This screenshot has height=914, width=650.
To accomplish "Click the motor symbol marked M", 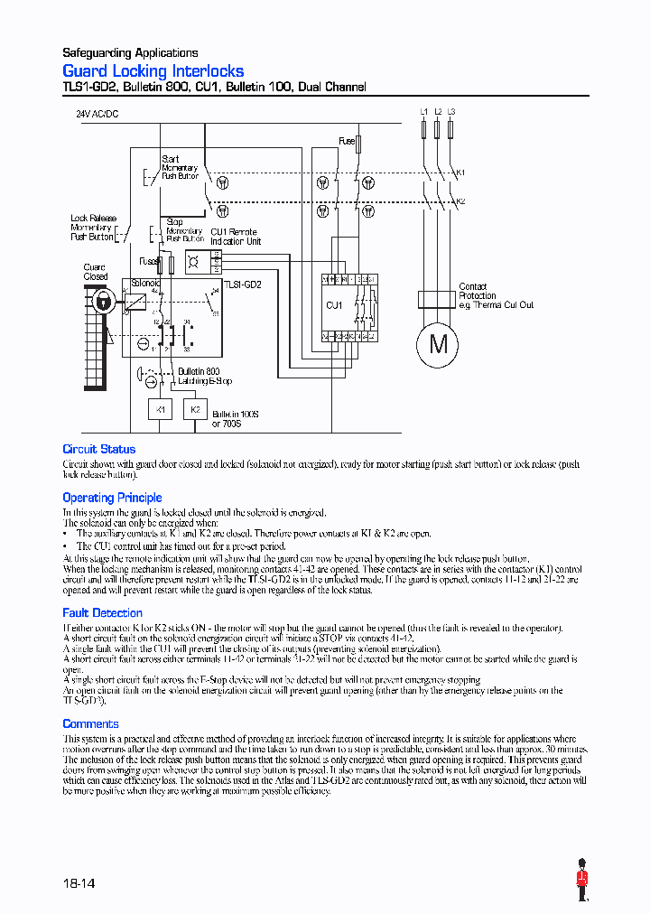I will pos(438,343).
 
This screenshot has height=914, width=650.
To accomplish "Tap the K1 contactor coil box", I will pos(160,409).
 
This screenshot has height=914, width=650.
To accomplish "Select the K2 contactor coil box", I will pos(194,409).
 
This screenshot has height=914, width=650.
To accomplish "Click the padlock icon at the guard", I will pos(105,303).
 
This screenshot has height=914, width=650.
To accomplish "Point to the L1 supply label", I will pos(424,111).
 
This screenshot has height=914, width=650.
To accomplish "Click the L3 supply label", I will pos(451,111).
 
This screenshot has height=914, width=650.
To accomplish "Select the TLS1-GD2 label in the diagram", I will pos(243,284).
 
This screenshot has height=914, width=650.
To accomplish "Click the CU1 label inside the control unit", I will pos(333,305).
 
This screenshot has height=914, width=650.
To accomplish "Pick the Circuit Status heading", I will pos(98,449).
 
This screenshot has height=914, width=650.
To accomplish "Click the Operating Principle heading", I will pos(112,498).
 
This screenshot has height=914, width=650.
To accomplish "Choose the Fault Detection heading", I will pos(102,613).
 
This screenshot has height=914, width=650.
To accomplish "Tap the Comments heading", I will pos(90,724).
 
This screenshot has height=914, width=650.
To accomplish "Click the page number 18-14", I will pos(79,882).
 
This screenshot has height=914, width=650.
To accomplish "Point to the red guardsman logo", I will pos(581,879).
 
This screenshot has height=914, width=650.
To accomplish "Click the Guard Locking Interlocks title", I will pos(153,70).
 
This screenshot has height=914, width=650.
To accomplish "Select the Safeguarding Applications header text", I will pos(130,52).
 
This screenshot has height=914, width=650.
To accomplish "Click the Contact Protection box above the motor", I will pos(438,300).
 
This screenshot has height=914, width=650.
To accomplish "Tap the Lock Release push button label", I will pos(92,228).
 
